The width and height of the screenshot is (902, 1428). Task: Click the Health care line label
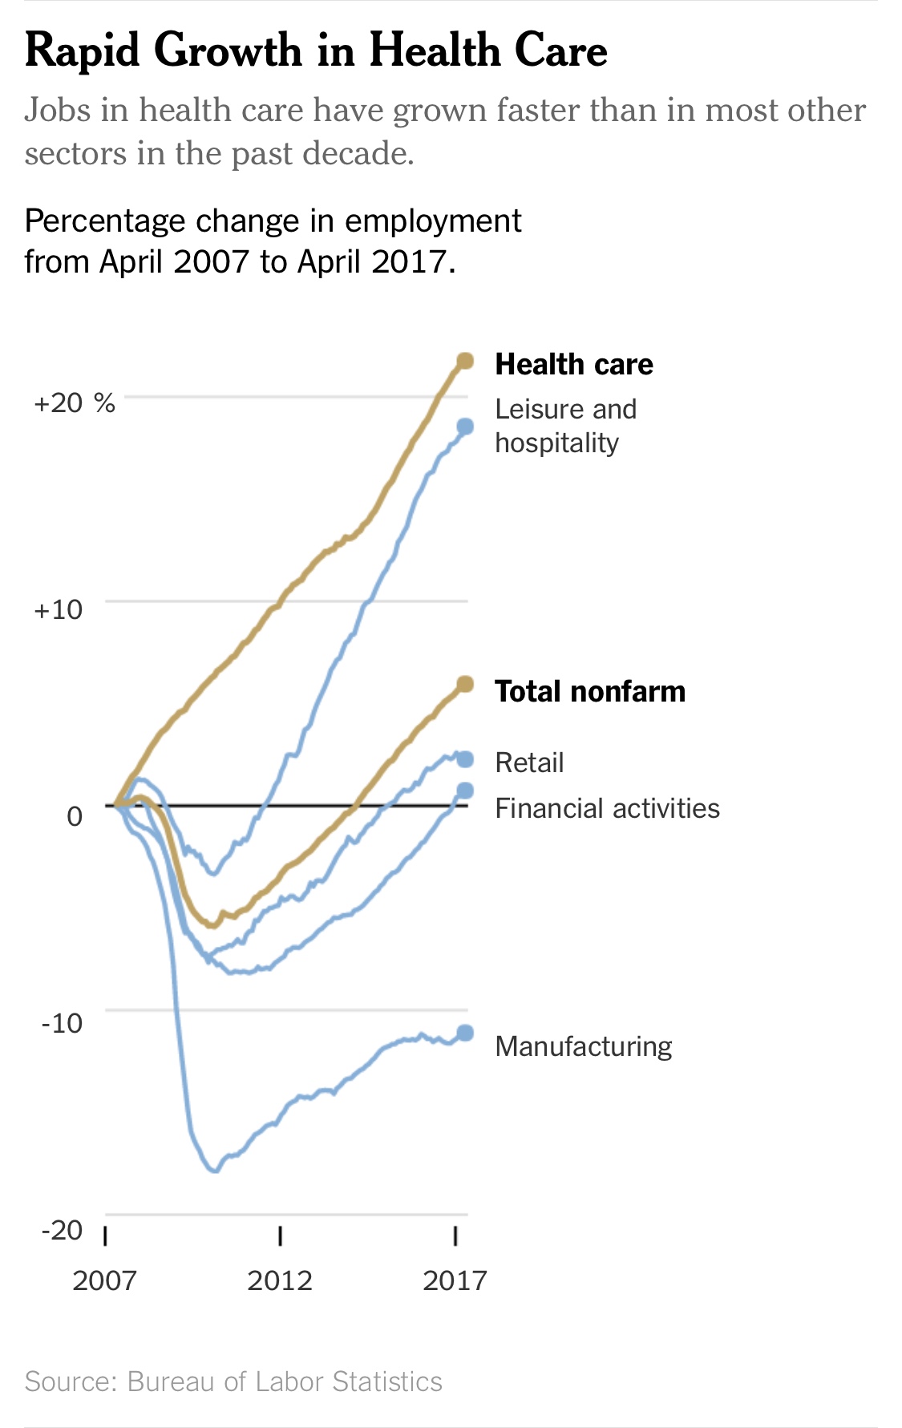tap(573, 364)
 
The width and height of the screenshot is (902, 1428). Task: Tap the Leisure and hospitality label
tap(564, 426)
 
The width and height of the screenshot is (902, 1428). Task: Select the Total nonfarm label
tap(589, 691)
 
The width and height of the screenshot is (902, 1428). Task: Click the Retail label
tap(529, 762)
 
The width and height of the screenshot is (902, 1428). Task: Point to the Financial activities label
tap(607, 808)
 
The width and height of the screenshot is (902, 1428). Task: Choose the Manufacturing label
tap(583, 1046)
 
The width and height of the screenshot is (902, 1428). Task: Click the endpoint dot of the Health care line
tap(465, 362)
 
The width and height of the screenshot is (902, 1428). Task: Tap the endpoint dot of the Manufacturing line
tap(465, 1033)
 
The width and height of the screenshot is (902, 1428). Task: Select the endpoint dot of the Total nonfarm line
tap(465, 684)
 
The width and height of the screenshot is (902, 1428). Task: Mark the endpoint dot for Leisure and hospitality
tap(465, 427)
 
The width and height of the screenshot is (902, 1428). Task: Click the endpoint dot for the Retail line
tap(465, 759)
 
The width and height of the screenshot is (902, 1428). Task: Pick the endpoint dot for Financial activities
tap(465, 791)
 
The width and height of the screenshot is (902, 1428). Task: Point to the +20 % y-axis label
tap(75, 403)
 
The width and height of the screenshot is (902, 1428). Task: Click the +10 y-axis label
tap(58, 609)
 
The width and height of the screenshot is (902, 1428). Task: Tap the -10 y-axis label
tap(62, 1022)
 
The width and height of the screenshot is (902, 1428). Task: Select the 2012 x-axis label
tap(279, 1280)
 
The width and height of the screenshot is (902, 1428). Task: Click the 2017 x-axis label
tap(455, 1280)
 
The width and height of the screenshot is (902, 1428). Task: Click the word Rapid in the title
tap(83, 51)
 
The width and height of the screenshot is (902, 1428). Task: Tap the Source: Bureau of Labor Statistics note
tap(233, 1381)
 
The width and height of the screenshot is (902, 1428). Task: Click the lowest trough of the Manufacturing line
tap(214, 1171)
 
